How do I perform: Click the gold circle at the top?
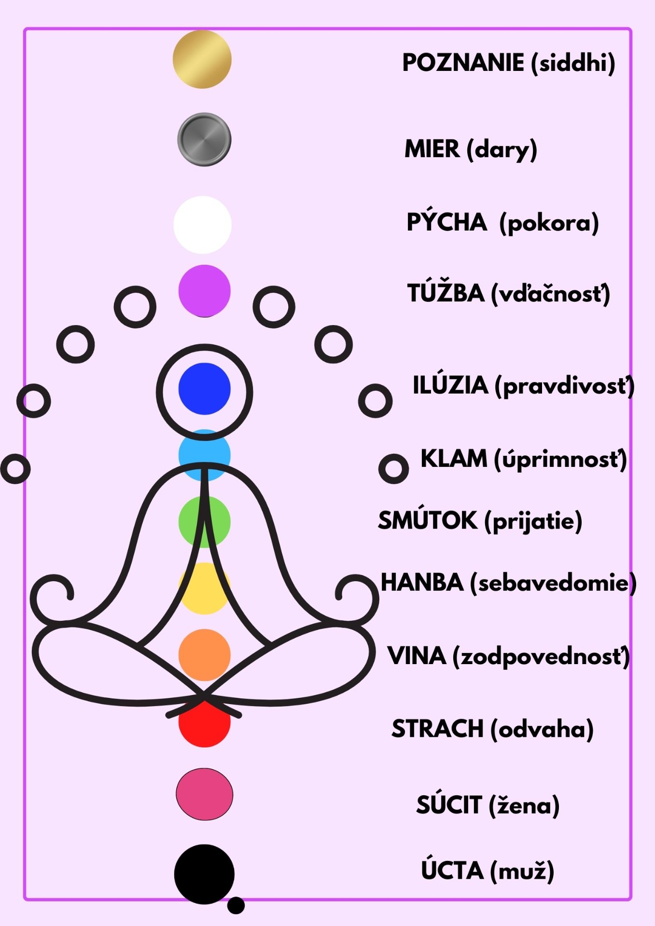202,59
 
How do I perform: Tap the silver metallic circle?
204,140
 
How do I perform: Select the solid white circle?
203,225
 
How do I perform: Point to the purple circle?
204,291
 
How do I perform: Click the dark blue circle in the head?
204,389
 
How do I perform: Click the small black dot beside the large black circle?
236,905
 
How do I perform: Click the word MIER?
432,149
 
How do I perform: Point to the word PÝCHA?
446,222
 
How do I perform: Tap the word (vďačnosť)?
551,294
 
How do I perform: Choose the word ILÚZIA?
450,385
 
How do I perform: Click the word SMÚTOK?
427,520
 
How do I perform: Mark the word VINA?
417,656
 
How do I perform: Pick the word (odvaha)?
542,729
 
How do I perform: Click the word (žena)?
524,805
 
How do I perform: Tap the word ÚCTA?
452,871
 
